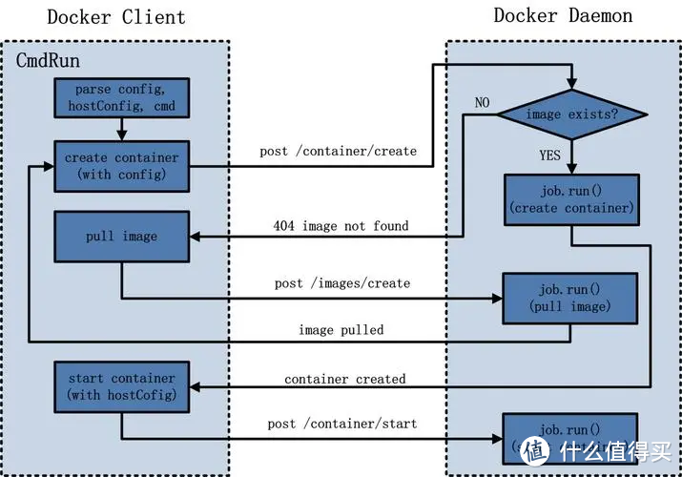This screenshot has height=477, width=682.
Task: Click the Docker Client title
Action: coord(116,17)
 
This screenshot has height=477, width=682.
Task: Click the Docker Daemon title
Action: coord(563,15)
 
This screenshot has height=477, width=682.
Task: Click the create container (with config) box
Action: coord(121,166)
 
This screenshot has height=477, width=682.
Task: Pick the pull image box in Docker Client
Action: coord(121,236)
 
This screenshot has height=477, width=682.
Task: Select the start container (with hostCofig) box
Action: coord(121,387)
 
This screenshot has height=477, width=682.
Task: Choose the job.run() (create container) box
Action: coord(570,199)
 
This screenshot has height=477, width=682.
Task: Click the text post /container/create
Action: coord(338,152)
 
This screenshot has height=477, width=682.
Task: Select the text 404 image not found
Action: coord(340,226)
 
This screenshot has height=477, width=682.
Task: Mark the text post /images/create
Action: coord(341,283)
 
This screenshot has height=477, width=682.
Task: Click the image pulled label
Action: coord(341,329)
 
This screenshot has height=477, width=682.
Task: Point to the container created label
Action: coord(344,379)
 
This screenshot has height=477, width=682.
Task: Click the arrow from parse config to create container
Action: coord(122,128)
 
